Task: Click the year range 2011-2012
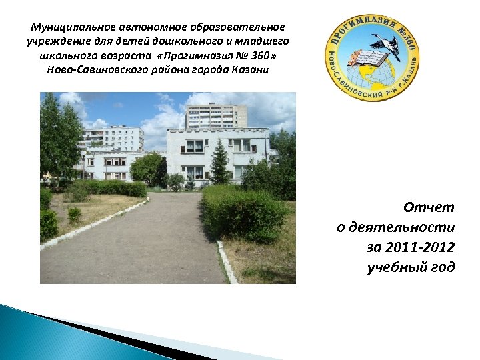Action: [x=411, y=248]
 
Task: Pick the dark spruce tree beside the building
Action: [x=219, y=163]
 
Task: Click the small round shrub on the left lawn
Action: [x=74, y=215]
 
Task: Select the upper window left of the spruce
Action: [x=194, y=145]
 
